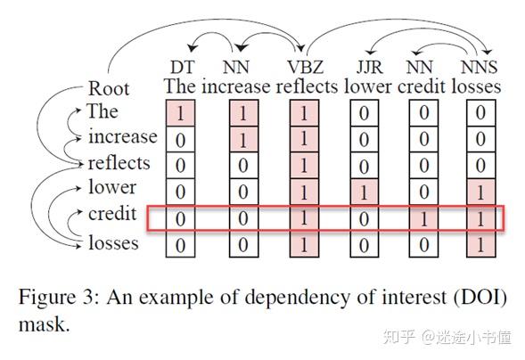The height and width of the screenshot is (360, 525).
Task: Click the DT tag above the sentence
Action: (x=182, y=67)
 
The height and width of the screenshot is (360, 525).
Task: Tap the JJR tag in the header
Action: (x=363, y=67)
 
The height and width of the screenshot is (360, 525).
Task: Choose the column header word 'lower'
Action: (x=364, y=86)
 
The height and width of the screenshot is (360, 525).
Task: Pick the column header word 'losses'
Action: (x=476, y=86)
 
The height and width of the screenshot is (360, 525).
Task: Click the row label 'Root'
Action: (x=109, y=89)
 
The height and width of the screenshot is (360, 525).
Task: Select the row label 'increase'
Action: (x=122, y=137)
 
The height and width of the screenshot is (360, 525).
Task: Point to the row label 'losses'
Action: (x=113, y=241)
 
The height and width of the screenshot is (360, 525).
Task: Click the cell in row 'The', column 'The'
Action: (x=181, y=113)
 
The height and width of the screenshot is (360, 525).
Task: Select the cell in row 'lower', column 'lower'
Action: (x=363, y=191)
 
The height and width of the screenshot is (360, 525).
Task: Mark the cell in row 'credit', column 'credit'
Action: (x=423, y=217)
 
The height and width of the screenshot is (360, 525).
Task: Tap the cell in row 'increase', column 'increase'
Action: (x=242, y=139)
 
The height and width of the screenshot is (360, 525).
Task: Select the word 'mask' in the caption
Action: (x=41, y=323)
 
